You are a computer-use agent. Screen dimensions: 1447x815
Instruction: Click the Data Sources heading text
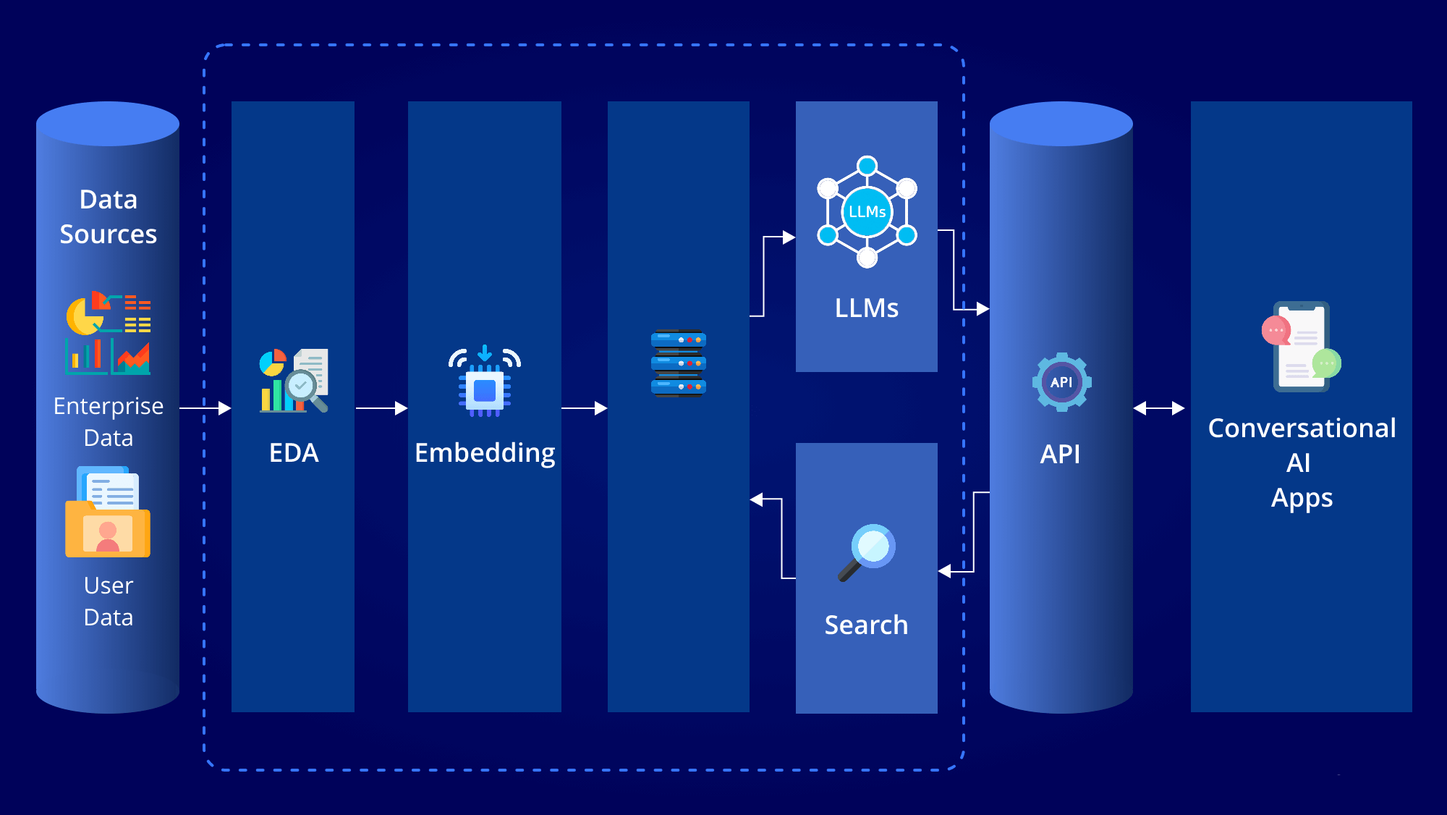pos(109,216)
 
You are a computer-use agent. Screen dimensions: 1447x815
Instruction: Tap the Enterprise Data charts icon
pos(109,333)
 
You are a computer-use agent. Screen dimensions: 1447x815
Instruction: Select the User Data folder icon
pos(108,512)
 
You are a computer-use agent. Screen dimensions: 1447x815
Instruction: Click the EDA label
pos(294,453)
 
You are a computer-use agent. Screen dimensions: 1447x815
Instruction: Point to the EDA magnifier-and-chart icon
pos(294,381)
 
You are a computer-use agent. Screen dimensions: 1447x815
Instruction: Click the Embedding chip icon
pos(485,381)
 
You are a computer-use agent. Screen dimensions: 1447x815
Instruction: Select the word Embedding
pos(485,454)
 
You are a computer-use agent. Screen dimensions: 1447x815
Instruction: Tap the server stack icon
pos(679,363)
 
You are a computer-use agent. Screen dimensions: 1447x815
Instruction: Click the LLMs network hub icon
pos(867,211)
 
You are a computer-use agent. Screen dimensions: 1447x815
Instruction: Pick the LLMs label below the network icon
pos(867,308)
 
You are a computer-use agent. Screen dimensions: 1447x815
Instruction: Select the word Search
pos(867,625)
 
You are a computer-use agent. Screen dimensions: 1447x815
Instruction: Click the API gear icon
pos(1061,382)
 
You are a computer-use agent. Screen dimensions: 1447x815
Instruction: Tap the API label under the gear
pos(1061,455)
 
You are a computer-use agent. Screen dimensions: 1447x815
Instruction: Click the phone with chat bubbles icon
pos(1302,347)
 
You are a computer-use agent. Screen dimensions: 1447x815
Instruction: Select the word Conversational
pos(1302,428)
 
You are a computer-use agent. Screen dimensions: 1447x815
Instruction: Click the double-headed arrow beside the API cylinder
pos(1159,408)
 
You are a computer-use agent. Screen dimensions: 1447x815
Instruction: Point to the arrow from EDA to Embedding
pos(382,408)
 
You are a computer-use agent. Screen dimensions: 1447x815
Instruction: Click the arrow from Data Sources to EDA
pos(205,408)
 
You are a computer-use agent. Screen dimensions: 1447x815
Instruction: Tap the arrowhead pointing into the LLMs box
pos(789,237)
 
